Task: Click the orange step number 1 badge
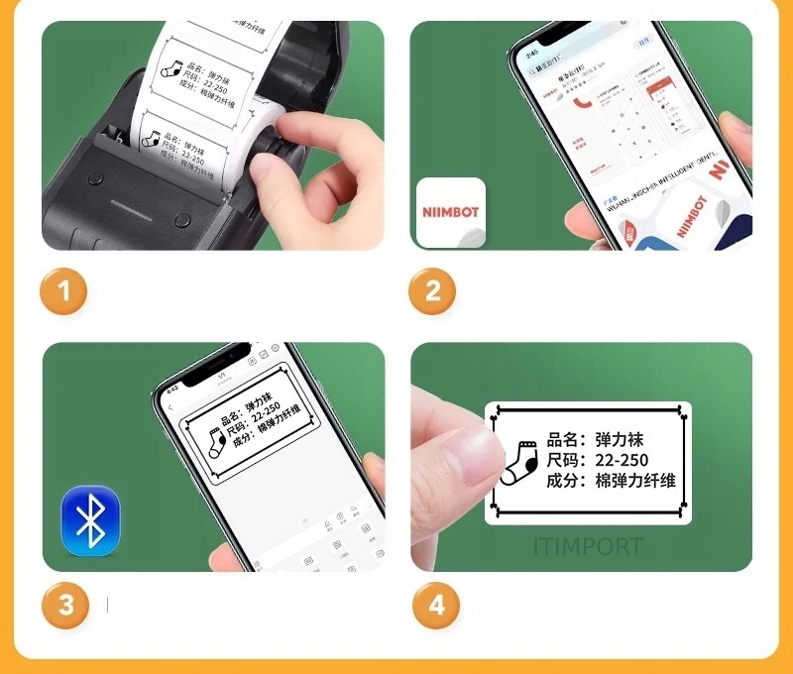coord(64,291)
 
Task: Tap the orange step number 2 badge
coord(433,291)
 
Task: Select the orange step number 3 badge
coord(64,605)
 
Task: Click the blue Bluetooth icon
coord(90,520)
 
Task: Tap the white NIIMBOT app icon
coord(450,212)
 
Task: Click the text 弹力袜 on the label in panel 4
coord(620,439)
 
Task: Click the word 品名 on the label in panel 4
coord(561,439)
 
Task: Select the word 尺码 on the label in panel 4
coord(561,460)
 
